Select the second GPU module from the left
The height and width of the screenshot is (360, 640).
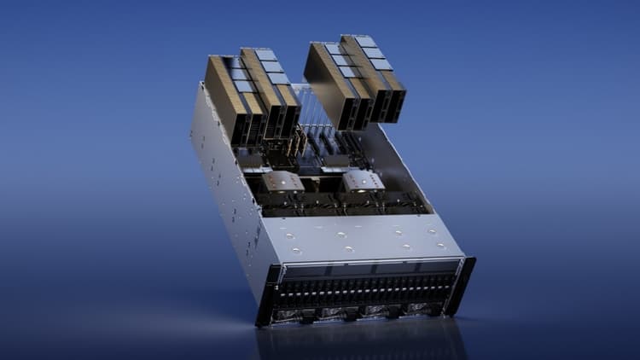point(267,90)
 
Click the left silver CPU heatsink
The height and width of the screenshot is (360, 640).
point(282,181)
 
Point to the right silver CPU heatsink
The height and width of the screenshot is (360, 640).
point(362,180)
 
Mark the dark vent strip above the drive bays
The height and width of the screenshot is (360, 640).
point(367,272)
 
